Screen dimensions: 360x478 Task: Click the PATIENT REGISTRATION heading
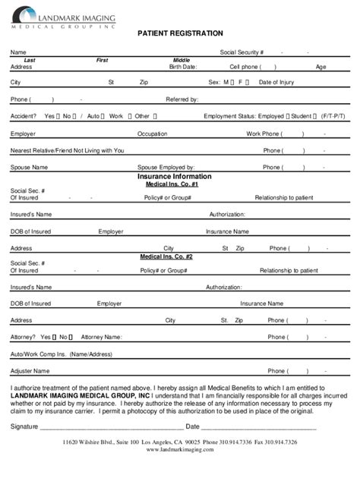(x=180, y=33)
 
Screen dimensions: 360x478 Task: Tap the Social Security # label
(x=242, y=52)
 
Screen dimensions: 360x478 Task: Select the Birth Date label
(x=182, y=67)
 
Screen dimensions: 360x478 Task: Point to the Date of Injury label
(x=276, y=82)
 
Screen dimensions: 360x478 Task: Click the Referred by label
(x=182, y=99)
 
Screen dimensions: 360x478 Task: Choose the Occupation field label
(x=152, y=134)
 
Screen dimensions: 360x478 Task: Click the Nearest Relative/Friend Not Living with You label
(x=68, y=150)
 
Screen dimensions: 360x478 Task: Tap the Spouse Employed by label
(x=166, y=167)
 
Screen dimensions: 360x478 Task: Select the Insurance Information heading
(x=175, y=176)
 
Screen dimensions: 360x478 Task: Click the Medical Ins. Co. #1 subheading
(x=172, y=184)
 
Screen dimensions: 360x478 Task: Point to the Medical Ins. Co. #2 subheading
(x=166, y=256)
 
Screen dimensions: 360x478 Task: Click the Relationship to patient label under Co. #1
(x=283, y=197)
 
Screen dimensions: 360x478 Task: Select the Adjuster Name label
(x=30, y=371)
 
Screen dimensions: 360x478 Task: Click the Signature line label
(x=24, y=427)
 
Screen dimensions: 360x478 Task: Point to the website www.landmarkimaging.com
(x=180, y=450)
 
